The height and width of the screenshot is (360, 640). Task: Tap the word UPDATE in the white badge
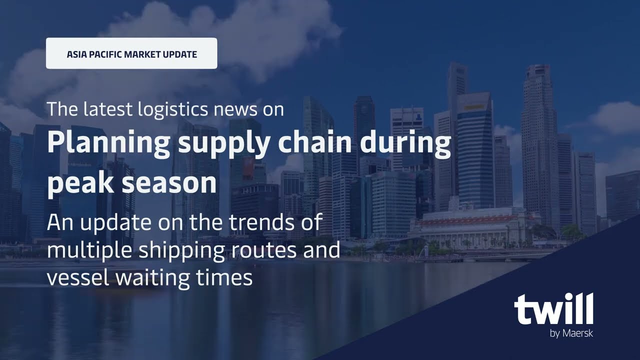[179, 54]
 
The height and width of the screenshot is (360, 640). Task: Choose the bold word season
[169, 183]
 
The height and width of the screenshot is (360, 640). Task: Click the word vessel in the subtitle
[78, 278]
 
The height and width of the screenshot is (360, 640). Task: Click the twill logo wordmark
[553, 310]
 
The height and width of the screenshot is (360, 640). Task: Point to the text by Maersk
[571, 333]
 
